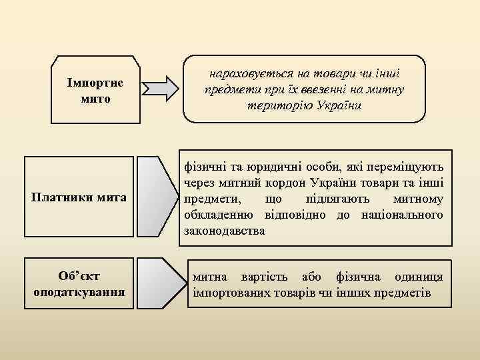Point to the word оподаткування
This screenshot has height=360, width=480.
click(x=79, y=292)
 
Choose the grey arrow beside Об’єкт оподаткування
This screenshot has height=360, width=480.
click(x=161, y=284)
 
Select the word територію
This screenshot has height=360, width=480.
click(x=280, y=105)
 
